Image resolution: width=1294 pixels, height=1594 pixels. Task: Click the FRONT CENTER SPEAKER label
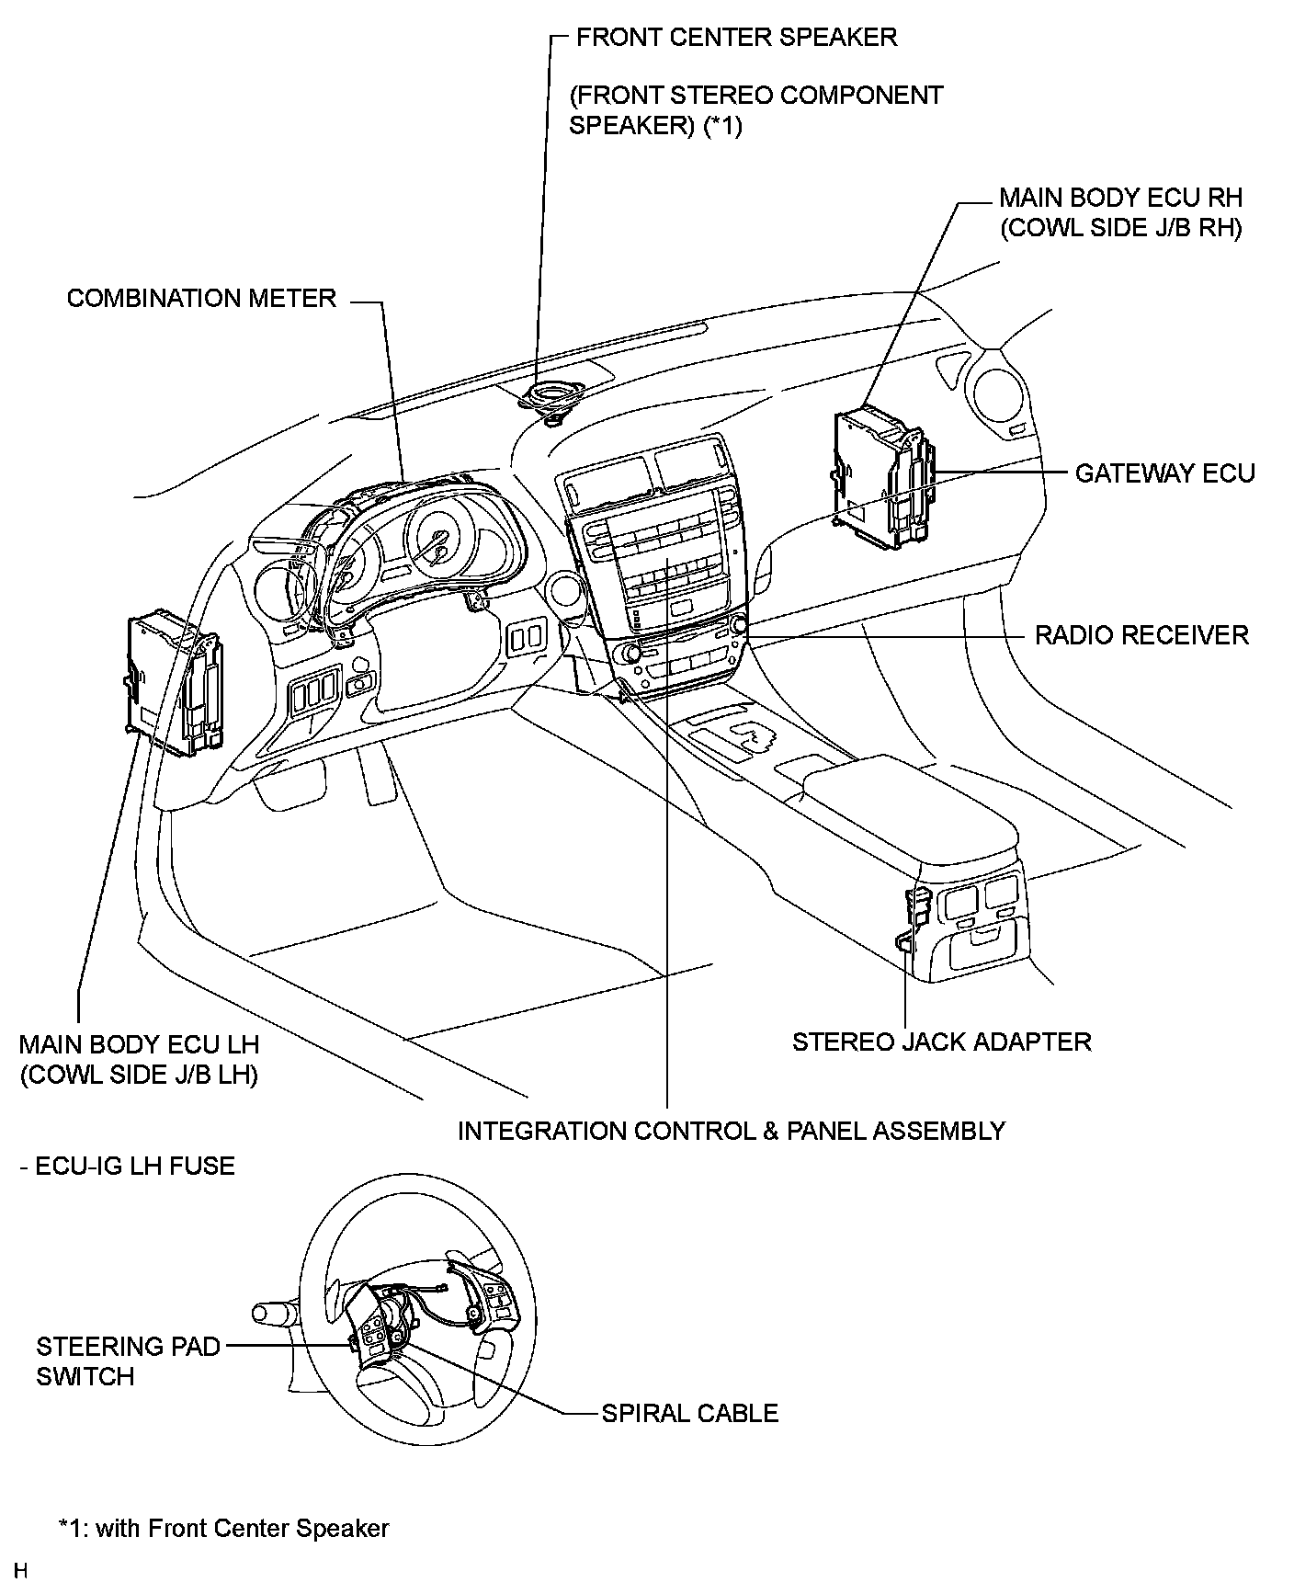(736, 38)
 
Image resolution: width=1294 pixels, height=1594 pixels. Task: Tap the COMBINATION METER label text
(201, 299)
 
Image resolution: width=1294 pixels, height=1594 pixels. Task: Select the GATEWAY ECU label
(1164, 473)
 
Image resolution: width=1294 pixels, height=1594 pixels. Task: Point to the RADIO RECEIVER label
(1141, 635)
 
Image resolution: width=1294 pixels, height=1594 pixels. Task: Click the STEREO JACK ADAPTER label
(942, 1042)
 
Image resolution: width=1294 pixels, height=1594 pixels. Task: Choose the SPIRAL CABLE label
(690, 1413)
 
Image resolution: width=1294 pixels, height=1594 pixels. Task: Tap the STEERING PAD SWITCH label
(129, 1361)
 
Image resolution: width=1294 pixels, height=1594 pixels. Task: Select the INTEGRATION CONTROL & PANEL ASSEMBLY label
(732, 1131)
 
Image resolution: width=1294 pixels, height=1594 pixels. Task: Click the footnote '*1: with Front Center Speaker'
(224, 1528)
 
